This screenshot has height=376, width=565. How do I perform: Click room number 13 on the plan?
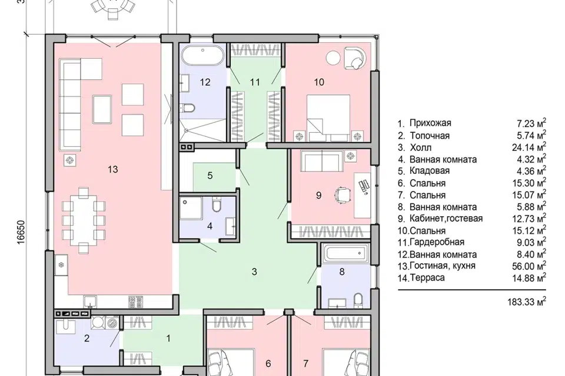[113, 169]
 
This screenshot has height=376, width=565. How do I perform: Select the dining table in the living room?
[84, 220]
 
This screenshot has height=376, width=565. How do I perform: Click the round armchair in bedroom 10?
[355, 58]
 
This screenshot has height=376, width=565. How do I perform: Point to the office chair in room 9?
[343, 195]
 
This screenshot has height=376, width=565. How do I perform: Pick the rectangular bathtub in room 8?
[346, 254]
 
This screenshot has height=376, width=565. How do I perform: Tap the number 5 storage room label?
[210, 176]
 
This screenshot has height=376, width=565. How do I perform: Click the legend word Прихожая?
[430, 123]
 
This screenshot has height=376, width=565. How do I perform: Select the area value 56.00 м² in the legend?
[529, 266]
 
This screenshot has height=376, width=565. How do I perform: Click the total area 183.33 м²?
[527, 301]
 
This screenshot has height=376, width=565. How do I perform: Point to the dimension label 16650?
[21, 232]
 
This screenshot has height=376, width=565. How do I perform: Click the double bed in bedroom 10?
[328, 118]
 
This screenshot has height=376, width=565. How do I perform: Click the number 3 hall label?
[254, 271]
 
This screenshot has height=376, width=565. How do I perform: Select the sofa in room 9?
[322, 161]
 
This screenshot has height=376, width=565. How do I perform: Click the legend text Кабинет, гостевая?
[446, 219]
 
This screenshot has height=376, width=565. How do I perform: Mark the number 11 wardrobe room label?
[255, 82]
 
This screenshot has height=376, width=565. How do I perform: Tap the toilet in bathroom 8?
[358, 300]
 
